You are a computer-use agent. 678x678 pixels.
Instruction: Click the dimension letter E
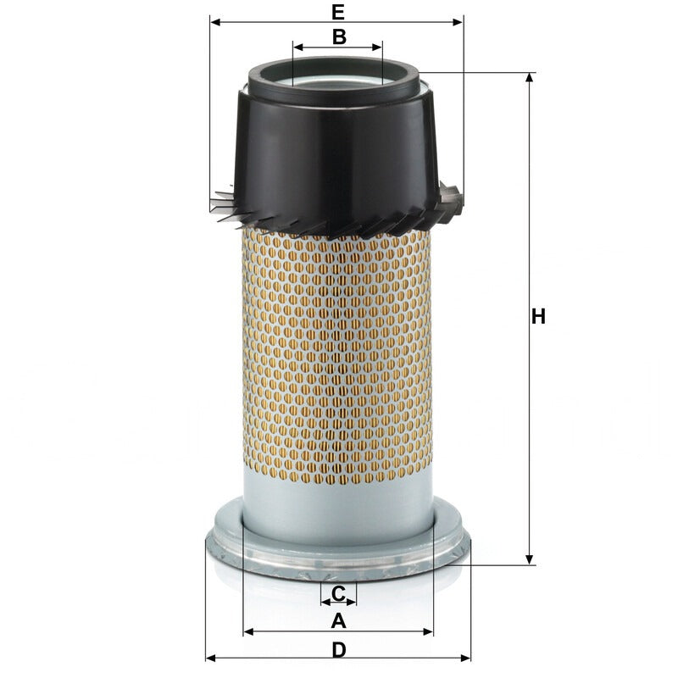pos(338,12)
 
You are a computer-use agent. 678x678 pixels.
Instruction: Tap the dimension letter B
pos(340,36)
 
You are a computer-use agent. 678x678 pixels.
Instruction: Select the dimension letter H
pos(538,316)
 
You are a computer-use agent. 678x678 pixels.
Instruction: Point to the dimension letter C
pos(338,593)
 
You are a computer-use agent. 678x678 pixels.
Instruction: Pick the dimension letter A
pos(338,621)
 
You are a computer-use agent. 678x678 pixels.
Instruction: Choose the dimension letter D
pos(340,649)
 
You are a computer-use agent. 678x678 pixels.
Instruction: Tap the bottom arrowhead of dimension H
pos(529,559)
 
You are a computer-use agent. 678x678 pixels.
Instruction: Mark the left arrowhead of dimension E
pos(215,22)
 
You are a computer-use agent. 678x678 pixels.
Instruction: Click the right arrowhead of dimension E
pos(458,22)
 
